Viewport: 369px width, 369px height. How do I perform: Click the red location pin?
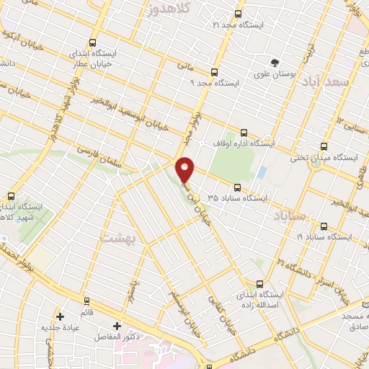coord(185,169)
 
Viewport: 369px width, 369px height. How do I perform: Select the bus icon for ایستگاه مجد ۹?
coord(214,71)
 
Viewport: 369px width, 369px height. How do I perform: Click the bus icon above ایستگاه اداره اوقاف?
coord(244,132)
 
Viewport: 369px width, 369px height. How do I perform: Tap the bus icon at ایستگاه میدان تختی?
coord(323,145)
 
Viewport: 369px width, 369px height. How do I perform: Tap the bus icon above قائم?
coord(86,301)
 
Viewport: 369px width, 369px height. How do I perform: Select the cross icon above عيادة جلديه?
coord(60,316)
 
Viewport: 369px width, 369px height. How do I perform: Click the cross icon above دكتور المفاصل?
coord(117,326)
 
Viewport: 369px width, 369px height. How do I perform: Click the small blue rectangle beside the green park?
coord(262,172)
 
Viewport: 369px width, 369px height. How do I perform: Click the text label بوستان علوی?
coord(276,74)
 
